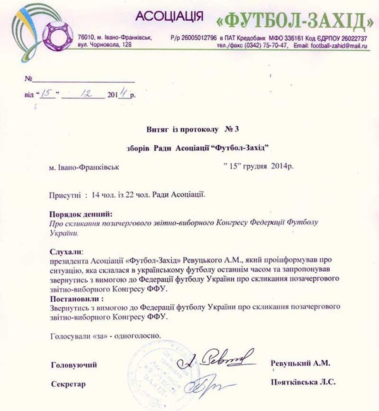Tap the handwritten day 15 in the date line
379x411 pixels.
tap(47, 94)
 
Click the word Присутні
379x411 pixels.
tap(66, 194)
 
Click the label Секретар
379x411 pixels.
tap(67, 383)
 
